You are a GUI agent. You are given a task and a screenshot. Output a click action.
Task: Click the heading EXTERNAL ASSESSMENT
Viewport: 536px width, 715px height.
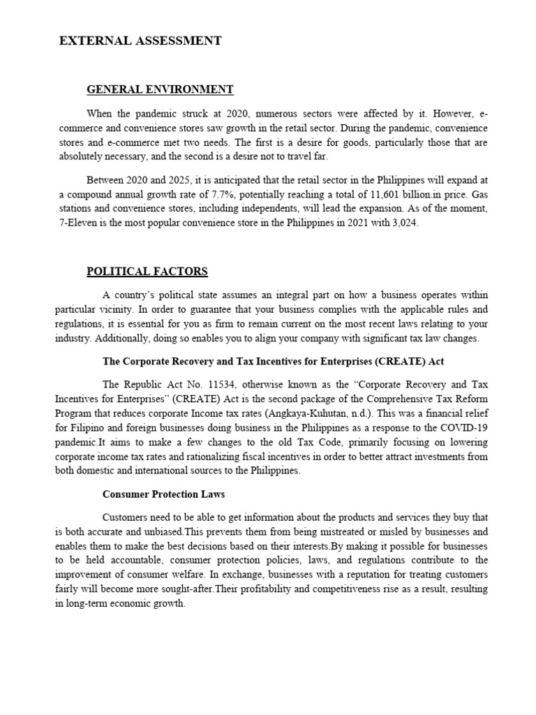tap(140, 41)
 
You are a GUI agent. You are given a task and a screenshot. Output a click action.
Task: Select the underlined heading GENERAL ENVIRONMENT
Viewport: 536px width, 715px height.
tap(160, 89)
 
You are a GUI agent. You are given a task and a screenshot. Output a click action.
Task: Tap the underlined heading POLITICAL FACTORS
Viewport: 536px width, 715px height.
tap(147, 271)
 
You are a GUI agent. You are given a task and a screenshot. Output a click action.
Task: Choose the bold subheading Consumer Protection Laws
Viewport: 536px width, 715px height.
tap(163, 494)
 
